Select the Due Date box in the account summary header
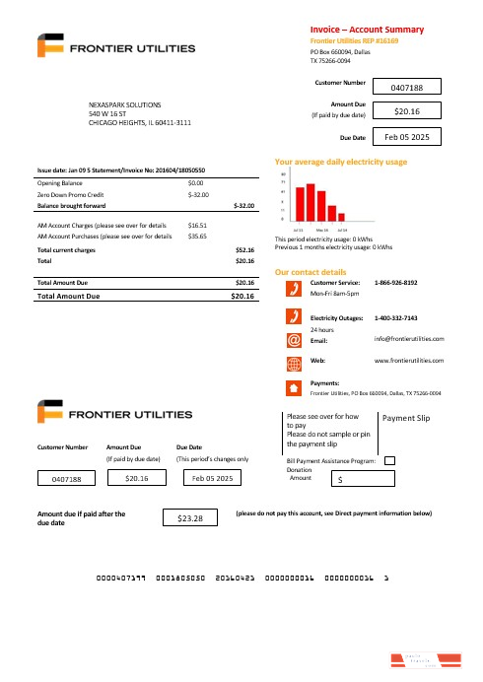click(407, 137)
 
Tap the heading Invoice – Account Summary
click(367, 31)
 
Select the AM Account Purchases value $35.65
click(196, 237)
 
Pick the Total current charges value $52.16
click(244, 250)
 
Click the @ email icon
click(293, 339)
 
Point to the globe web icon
click(293, 362)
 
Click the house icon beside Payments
click(293, 386)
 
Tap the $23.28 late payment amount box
click(191, 517)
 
